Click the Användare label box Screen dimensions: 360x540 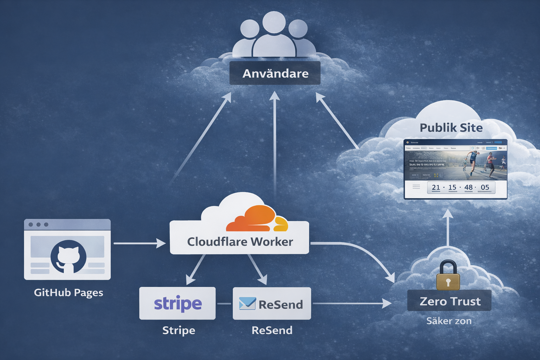pyautogui.click(x=275, y=73)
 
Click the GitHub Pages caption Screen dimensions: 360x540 pyautogui.click(x=69, y=292)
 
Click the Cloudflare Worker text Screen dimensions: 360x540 pyautogui.click(x=240, y=242)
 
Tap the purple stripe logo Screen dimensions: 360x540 pyautogui.click(x=178, y=303)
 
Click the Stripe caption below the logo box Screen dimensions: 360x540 pyautogui.click(x=179, y=330)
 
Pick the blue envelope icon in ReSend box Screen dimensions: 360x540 pyautogui.click(x=247, y=303)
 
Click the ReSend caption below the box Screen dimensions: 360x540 pyautogui.click(x=272, y=330)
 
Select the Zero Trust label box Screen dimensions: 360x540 pyautogui.click(x=449, y=301)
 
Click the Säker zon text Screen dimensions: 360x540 pyautogui.click(x=449, y=321)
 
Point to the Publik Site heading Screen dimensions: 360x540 pyautogui.click(x=451, y=128)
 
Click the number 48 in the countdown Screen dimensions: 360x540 pyautogui.click(x=468, y=187)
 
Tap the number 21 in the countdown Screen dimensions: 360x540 pyautogui.click(x=436, y=187)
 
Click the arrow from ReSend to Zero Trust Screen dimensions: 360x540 pyautogui.click(x=352, y=303)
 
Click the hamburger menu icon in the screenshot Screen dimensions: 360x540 pyautogui.click(x=416, y=187)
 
